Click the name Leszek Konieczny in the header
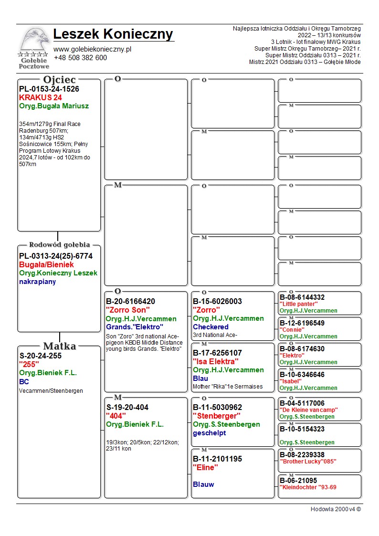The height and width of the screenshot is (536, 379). tap(113, 34)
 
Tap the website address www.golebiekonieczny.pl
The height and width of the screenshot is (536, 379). tap(92, 49)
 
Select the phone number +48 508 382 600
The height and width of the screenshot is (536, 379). tap(80, 58)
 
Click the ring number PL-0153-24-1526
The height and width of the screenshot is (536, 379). tap(49, 89)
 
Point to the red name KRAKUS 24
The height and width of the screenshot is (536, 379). tap(41, 97)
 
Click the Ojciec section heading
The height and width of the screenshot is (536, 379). tap(59, 80)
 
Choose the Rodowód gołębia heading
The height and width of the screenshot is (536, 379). tap(60, 245)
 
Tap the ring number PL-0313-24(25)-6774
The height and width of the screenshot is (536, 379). tap(56, 256)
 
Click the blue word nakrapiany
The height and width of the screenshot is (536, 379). tap(38, 282)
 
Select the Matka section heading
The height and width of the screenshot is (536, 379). tap(59, 346)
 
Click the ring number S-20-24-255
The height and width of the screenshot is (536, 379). tap(41, 356)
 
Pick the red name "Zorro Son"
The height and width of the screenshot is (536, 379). tap(128, 310)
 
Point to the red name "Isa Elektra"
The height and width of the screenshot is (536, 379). tap(216, 361)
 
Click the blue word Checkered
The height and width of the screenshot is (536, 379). tap(211, 327)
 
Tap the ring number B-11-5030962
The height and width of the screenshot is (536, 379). tap(217, 408)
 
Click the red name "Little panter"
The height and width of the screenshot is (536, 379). tap(299, 304)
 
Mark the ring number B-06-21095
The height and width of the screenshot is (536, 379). tap(298, 481)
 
